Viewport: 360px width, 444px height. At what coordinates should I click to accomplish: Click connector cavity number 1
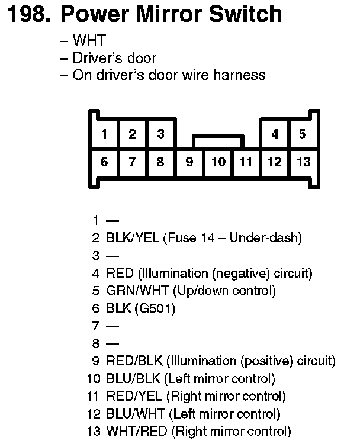pyautogui.click(x=104, y=134)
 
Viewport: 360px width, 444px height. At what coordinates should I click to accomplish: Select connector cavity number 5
pyautogui.click(x=302, y=134)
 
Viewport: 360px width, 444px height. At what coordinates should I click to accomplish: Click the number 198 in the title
pyautogui.click(x=28, y=15)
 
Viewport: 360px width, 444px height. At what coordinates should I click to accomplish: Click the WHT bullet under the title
pyautogui.click(x=89, y=41)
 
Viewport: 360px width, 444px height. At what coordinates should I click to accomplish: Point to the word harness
pyautogui.click(x=239, y=76)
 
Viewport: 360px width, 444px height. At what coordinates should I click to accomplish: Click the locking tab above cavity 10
pyautogui.click(x=217, y=141)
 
